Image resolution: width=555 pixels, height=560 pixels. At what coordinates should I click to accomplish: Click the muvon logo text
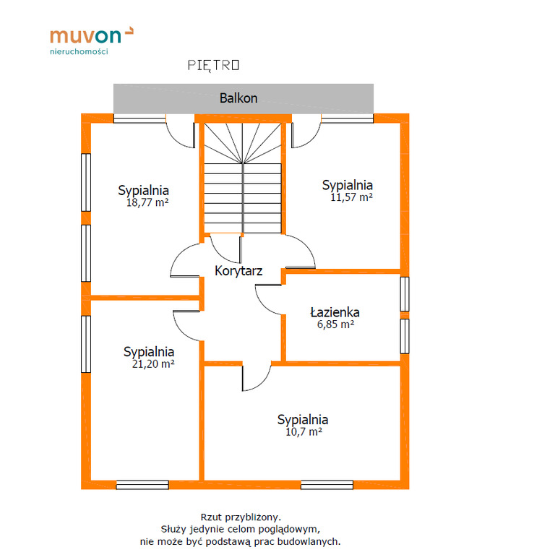click(x=86, y=35)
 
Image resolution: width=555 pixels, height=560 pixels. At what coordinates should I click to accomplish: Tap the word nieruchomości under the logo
click(x=79, y=51)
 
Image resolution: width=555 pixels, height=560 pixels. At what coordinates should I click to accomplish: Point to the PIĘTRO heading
click(x=214, y=65)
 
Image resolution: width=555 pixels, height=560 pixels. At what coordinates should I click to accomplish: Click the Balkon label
click(x=238, y=98)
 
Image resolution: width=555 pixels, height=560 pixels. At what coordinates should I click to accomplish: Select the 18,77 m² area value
click(x=147, y=202)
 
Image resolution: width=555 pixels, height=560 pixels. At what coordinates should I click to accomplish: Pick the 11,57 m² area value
click(x=351, y=197)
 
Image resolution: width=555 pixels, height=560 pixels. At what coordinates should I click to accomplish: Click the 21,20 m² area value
click(x=153, y=364)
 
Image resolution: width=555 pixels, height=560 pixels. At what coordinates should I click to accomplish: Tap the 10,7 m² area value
click(x=304, y=432)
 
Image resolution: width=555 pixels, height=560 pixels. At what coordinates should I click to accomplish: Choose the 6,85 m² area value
click(x=336, y=324)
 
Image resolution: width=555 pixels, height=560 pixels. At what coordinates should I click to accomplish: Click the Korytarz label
click(x=238, y=271)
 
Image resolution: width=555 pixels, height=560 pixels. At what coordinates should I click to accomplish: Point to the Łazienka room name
click(x=335, y=312)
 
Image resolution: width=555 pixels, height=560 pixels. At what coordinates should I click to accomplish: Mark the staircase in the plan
click(x=243, y=178)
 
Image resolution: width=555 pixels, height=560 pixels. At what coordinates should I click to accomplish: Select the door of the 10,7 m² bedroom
click(x=257, y=377)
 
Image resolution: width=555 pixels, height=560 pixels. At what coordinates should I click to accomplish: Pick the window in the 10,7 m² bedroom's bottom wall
click(x=327, y=485)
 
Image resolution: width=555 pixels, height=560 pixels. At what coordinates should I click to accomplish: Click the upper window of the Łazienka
click(x=405, y=294)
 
